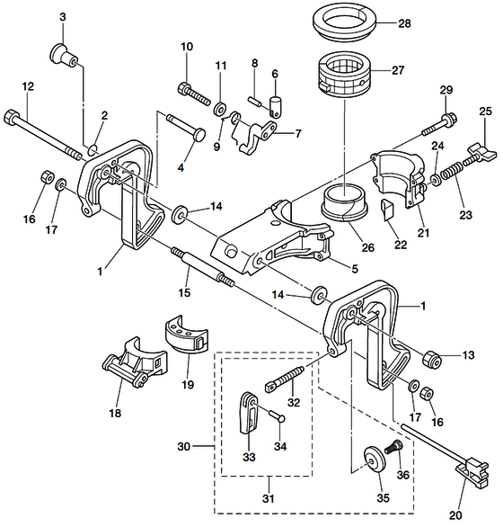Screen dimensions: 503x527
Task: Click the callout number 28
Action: [404, 23]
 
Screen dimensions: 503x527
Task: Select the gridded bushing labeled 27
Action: [344, 76]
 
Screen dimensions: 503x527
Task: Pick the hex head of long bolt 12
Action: [11, 116]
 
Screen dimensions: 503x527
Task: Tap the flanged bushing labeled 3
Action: [64, 56]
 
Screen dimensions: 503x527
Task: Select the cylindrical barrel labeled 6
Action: [276, 107]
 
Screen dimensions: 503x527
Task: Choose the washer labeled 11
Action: [220, 109]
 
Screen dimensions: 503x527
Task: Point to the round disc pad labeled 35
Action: [375, 460]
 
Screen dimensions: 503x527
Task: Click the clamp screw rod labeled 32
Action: [285, 379]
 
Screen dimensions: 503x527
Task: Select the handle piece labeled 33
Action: [249, 413]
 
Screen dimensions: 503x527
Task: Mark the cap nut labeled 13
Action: [432, 360]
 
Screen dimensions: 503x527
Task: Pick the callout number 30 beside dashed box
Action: [183, 447]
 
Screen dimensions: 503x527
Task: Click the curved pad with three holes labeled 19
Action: [187, 335]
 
